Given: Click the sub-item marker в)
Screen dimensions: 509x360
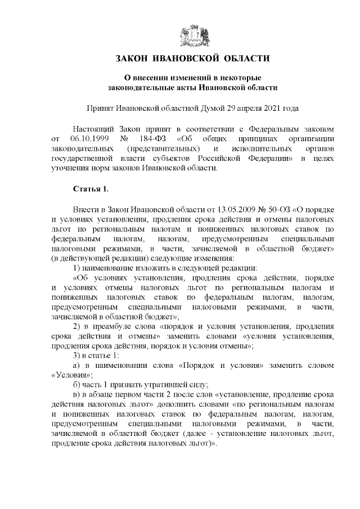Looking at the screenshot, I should tap(78, 399).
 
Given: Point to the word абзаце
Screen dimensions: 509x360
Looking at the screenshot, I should tap(106, 399).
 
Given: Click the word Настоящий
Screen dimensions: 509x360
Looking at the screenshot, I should tap(94, 128).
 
